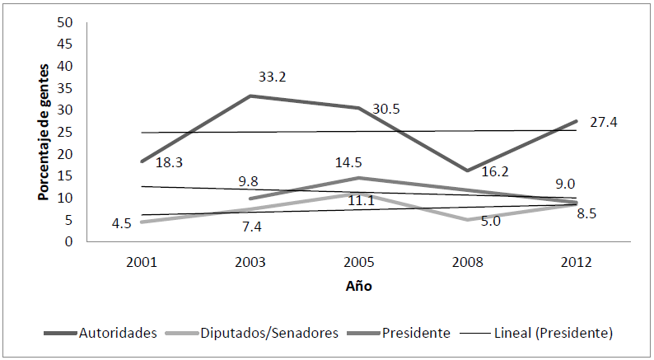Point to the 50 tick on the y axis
click(x=65, y=22)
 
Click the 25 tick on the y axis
click(x=65, y=133)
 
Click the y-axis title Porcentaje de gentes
click(x=44, y=132)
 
